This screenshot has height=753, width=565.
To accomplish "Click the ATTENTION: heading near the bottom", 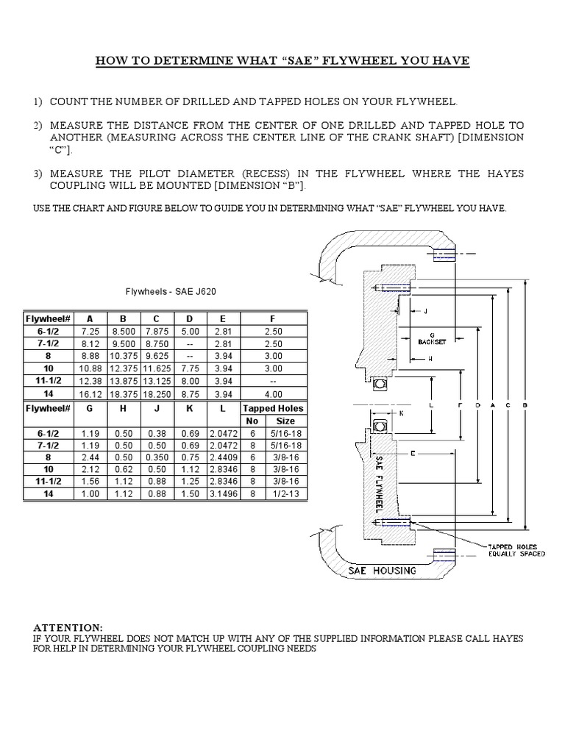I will [69, 627].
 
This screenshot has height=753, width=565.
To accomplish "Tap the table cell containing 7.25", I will [90, 332].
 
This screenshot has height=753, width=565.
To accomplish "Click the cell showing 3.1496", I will [223, 495].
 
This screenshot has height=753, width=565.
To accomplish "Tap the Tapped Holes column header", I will [274, 408].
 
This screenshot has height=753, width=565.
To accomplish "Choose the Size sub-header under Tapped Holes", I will [285, 421].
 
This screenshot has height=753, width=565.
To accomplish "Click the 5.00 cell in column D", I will [190, 332].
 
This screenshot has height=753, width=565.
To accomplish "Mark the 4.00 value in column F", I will [274, 394].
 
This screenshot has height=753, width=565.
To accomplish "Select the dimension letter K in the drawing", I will [402, 413].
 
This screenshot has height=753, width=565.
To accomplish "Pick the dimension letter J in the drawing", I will [424, 310].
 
